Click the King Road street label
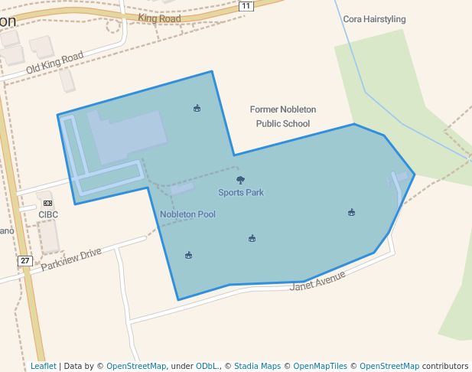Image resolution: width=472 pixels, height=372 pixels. [159, 18]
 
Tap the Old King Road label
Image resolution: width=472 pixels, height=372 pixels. [54, 64]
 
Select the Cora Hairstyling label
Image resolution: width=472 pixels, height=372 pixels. [374, 19]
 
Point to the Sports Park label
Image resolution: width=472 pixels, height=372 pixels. [241, 193]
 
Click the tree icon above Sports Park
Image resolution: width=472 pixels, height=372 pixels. [241, 181]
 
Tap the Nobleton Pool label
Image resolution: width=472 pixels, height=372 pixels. [187, 214]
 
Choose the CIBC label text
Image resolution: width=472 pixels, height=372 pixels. [48, 215]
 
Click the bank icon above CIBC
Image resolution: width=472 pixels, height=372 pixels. [48, 204]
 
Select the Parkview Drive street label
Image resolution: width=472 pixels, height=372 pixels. [71, 258]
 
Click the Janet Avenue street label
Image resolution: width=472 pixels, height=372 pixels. [318, 281]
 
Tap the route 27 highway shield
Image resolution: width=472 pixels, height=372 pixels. [25, 261]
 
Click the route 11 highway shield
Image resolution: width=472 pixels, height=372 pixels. [246, 6]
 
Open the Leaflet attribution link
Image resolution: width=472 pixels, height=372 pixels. [43, 367]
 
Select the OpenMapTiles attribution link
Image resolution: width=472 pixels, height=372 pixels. [320, 367]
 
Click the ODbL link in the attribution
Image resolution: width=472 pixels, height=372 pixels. [207, 367]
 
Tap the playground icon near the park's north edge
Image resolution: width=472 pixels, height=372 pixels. [197, 108]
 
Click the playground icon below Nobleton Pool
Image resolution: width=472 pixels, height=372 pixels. [188, 256]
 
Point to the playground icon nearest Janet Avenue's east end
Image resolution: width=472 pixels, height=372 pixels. [351, 212]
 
